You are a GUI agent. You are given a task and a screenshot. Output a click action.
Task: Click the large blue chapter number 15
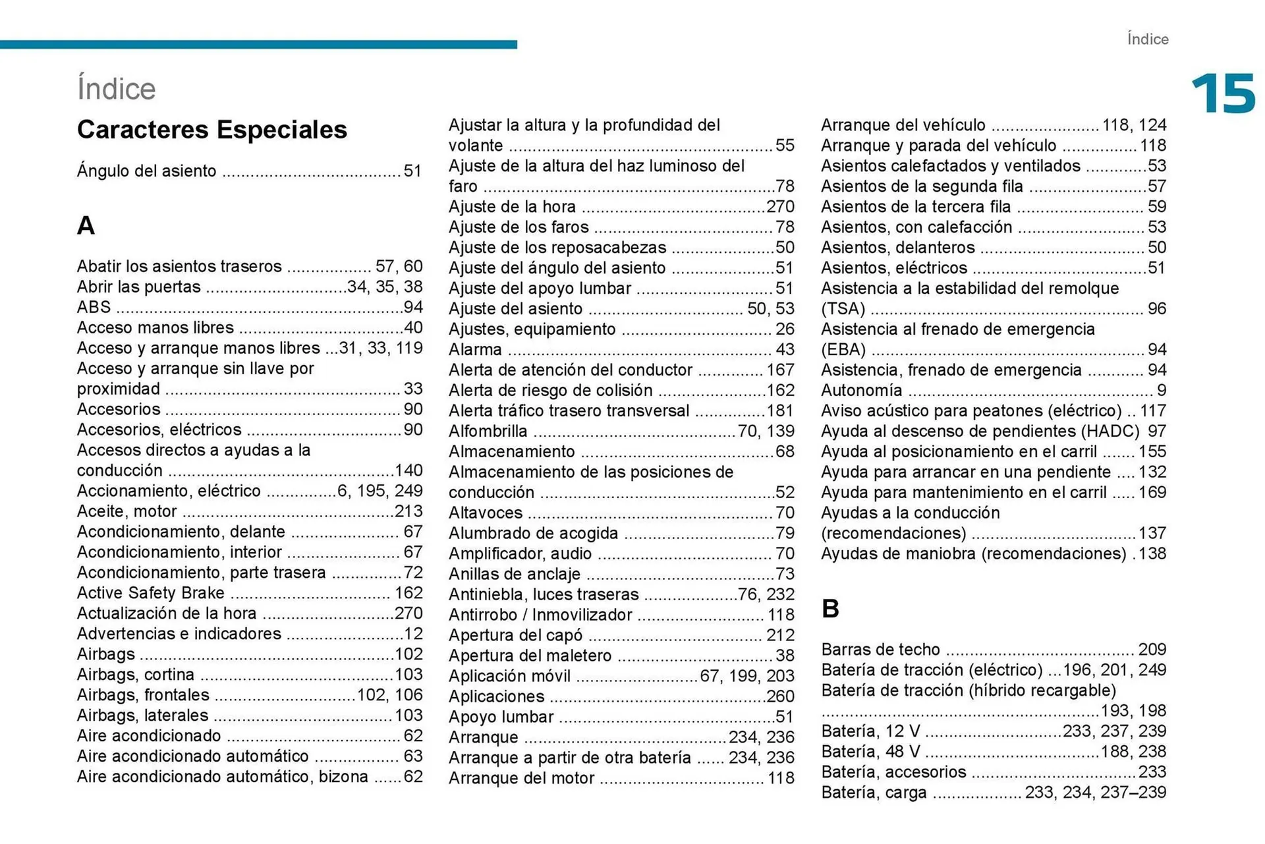pos(1223,94)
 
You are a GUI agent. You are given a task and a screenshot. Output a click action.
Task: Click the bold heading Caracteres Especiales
pos(211,130)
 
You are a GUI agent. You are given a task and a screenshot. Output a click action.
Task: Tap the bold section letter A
pos(86,226)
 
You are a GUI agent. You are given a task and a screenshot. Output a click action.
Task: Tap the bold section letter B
pos(830,609)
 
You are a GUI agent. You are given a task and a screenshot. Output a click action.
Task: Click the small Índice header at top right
pos(1147,40)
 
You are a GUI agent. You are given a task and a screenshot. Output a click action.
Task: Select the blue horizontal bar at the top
pos(258,45)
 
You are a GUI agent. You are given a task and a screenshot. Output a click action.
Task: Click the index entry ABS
pos(94,308)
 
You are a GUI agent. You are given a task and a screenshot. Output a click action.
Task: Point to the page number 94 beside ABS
pos(413,308)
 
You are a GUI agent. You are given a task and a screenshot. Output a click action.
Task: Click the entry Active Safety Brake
pos(150,593)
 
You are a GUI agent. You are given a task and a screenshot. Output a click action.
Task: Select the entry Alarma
pos(475,350)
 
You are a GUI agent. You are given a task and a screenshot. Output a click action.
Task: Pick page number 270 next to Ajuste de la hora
pos(780,207)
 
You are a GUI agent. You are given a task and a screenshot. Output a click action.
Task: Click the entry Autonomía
pos(861,391)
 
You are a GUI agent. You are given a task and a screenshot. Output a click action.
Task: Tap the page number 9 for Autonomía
pos(1161,391)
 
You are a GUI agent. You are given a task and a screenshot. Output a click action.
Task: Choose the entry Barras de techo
pos(880,650)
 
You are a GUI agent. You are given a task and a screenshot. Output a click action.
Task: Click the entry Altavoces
pos(486,513)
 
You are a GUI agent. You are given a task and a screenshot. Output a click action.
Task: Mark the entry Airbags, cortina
pos(135,675)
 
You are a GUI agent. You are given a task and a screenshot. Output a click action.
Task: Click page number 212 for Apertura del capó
pos(780,635)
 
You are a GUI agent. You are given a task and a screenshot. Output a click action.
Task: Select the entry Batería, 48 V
pos(870,752)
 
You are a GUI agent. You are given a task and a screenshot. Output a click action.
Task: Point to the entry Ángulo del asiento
pos(146,171)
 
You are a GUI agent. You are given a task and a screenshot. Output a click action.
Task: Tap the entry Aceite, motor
pos(126,511)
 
